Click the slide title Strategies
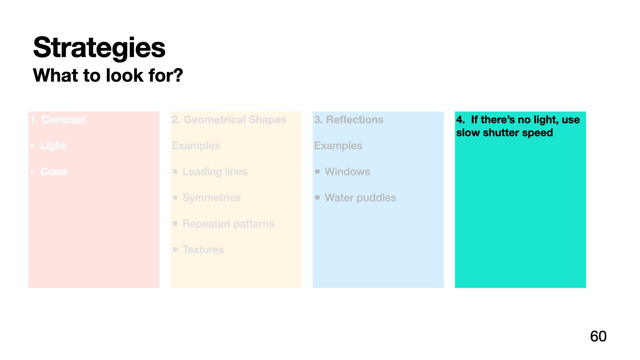(99, 48)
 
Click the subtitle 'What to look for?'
(108, 75)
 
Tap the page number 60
(598, 336)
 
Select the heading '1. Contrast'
(58, 120)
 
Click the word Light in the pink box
(53, 146)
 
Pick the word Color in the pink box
(54, 172)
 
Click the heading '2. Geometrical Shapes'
(229, 120)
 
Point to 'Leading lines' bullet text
(215, 172)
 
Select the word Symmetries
(211, 198)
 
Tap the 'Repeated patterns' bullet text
(228, 224)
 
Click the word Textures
(203, 250)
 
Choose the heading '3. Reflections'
(349, 120)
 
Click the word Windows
(347, 172)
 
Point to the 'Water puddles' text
(360, 198)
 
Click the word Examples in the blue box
(338, 146)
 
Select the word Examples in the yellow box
(196, 146)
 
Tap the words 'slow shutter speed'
(504, 133)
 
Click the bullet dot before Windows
(317, 171)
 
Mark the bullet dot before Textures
(175, 249)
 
